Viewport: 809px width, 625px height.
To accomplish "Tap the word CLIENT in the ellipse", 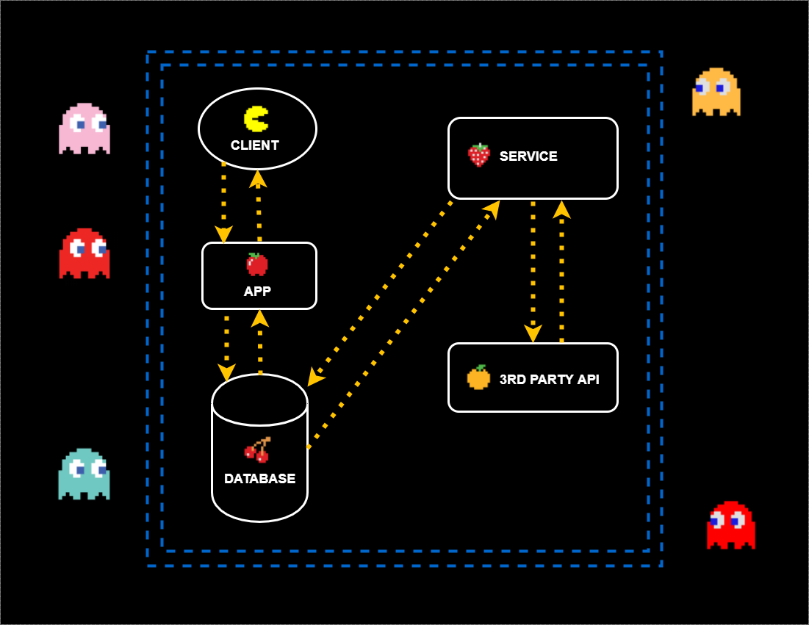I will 255,145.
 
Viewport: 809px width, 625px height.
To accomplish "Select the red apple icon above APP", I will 257,264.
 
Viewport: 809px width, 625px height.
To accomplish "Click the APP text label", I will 257,292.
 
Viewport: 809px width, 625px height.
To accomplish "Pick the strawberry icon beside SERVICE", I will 479,155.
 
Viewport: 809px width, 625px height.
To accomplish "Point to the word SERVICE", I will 528,156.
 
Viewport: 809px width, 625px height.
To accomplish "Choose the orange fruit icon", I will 478,377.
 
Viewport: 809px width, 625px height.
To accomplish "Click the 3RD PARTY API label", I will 549,380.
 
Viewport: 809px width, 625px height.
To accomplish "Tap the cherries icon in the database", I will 257,449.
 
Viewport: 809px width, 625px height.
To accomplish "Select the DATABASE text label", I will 259,479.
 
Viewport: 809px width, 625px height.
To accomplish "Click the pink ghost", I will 85,129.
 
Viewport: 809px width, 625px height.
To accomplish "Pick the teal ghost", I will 84,474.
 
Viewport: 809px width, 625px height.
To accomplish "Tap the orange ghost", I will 716,92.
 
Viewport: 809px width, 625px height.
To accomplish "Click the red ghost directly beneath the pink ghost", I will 85,253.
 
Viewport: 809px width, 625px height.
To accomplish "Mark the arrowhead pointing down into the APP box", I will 223,234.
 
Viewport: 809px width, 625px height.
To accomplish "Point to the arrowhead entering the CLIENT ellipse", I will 257,178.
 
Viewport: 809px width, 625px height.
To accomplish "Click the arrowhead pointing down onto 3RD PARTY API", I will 533,333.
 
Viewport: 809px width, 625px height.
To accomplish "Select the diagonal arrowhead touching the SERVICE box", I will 492,209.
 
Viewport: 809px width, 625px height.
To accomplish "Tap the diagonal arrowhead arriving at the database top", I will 315,377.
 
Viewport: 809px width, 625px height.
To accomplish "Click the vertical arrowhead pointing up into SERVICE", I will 561,210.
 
